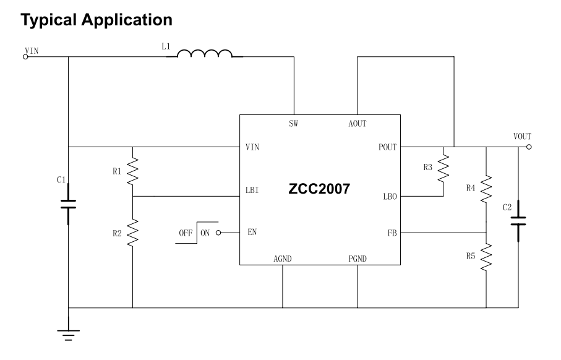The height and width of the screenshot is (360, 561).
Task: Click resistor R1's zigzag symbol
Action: pos(133,172)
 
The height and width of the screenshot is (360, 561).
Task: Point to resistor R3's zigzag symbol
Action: pos(443,168)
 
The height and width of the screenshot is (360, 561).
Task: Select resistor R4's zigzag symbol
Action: pos(487,187)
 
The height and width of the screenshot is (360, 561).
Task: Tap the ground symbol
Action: pos(68,334)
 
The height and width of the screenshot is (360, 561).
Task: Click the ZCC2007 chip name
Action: pos(319,189)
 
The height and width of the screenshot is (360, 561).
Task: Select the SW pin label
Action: pos(294,123)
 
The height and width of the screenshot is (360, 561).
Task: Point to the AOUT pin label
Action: pos(357,123)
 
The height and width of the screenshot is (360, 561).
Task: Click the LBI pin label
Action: pos(252,190)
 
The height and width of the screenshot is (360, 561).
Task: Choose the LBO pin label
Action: pos(390,197)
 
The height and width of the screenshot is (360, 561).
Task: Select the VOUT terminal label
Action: pos(522,136)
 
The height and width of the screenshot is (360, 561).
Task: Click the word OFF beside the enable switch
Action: pos(186,233)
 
